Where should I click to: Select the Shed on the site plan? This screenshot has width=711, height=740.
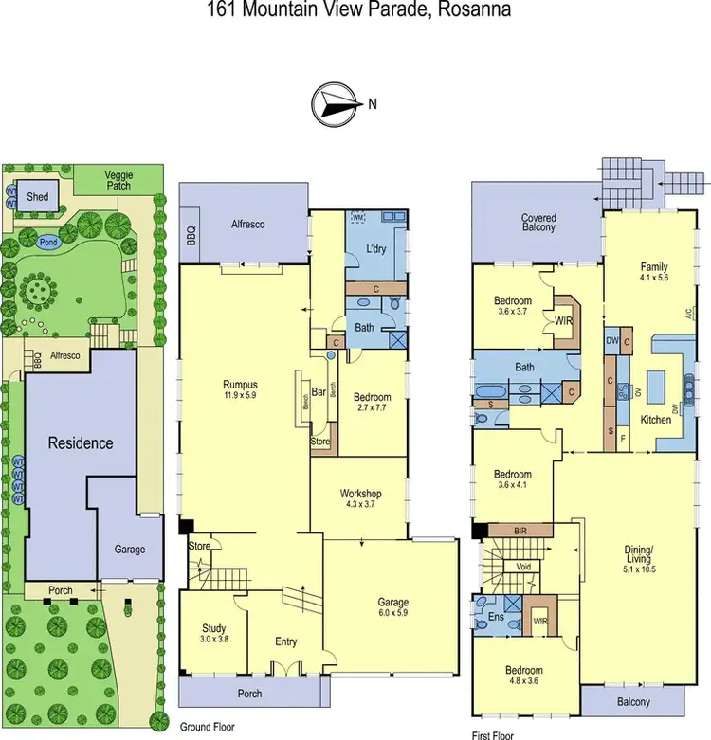[39, 196]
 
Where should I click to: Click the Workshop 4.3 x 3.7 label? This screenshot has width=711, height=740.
[361, 499]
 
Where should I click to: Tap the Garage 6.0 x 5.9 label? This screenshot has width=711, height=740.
[392, 607]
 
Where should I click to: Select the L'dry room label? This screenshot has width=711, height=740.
[377, 249]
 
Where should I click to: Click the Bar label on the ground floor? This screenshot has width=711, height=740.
[319, 390]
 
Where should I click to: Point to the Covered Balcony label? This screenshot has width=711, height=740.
[538, 224]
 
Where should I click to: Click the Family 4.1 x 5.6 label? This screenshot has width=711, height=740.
[654, 273]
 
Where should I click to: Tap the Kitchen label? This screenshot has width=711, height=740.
[656, 419]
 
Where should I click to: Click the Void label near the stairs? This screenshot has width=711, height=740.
[522, 567]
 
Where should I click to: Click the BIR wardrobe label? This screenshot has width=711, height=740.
[519, 532]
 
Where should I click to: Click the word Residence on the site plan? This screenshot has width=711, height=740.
[82, 442]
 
